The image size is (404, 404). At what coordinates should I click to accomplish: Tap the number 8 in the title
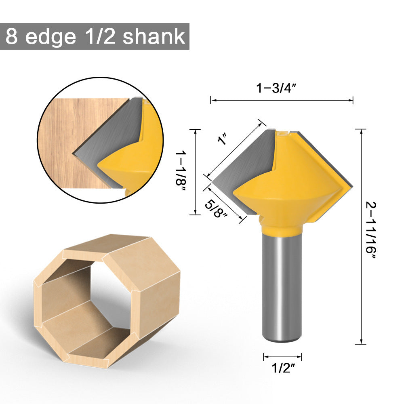12,36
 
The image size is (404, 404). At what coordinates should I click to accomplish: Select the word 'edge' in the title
50,36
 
